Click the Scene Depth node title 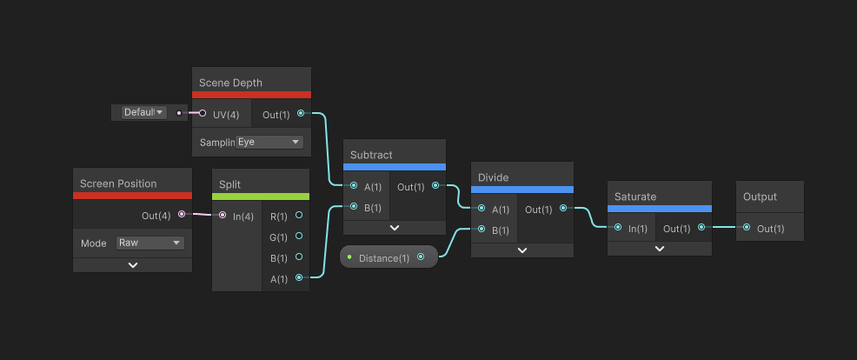coord(230,83)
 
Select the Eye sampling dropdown coord(269,142)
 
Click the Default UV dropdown coord(143,112)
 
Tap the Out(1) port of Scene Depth coord(301,113)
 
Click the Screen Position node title coord(118,183)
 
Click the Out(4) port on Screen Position coord(181,214)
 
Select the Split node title coord(230,184)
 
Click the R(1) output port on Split coord(299,215)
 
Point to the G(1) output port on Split coord(299,236)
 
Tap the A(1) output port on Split coord(299,278)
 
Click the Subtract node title coord(371,155)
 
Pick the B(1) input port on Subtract coord(354,207)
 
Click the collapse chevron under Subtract coord(395,228)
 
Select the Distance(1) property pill coord(383,257)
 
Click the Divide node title coord(493,177)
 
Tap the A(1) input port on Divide coord(482,209)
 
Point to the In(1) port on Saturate coord(617,229)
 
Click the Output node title coord(760,197)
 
